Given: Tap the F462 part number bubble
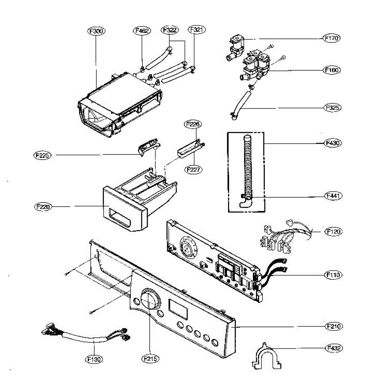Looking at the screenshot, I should pos(141,30).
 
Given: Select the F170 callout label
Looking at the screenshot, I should pos(331,38).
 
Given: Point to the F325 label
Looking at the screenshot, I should pos(332,108).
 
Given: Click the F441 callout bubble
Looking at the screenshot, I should pos(333,196).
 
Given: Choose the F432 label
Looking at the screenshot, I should pos(333,348).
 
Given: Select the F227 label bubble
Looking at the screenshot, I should pos(193,170).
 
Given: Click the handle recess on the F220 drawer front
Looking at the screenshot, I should pos(120,217).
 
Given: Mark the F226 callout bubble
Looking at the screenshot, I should pos(193,124).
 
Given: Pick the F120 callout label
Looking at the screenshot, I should pos(333,232).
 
